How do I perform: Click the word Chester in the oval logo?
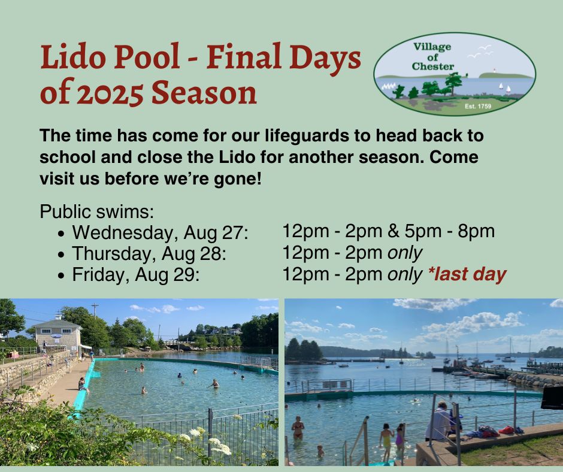(433, 66)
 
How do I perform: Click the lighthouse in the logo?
(494, 69)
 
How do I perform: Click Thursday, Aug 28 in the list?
(149, 253)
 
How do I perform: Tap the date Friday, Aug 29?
(135, 275)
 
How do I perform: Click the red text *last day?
(467, 274)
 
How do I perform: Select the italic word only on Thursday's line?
(405, 253)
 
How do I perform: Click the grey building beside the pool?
(56, 332)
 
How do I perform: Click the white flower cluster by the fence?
(219, 446)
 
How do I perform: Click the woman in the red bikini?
(298, 428)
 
